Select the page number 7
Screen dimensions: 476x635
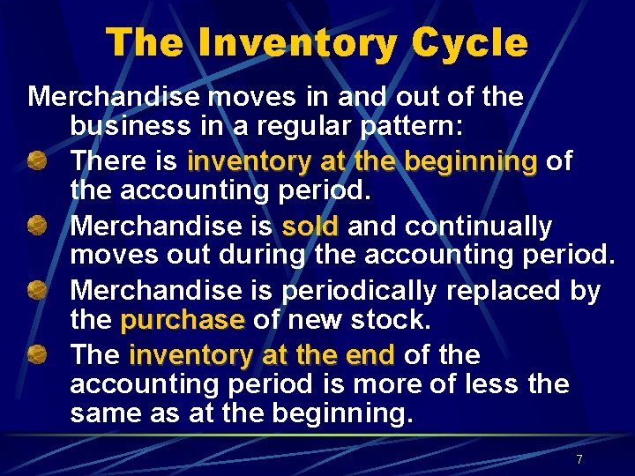579,459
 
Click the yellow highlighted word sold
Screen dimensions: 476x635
310,227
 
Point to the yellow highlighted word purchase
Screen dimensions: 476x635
183,318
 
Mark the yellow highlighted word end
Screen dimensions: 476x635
370,355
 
